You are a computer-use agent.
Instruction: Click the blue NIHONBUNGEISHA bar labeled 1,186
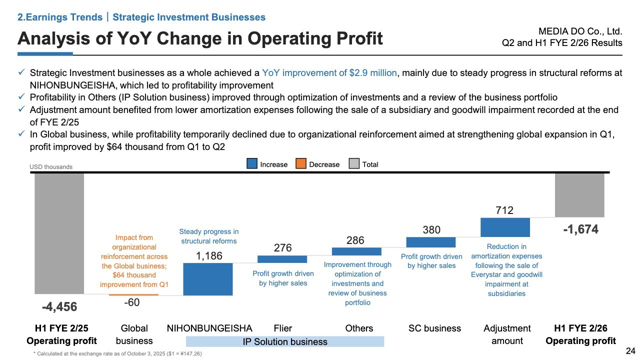coord(208,279)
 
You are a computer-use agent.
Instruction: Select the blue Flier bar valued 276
coord(282,259)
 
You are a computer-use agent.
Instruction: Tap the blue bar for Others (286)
coord(356,251)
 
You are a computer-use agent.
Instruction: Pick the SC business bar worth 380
coord(431,242)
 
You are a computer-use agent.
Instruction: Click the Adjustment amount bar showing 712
coord(505,227)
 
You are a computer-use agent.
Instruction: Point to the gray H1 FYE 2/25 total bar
coord(59,233)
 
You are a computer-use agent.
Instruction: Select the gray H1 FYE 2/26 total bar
coord(579,195)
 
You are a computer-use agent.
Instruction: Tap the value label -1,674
coord(580,230)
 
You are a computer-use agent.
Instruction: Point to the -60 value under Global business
coord(132,302)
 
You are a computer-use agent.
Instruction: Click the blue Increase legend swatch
coord(252,164)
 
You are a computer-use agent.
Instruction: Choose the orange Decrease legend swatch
coord(301,164)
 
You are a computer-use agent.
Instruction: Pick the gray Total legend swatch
coord(354,164)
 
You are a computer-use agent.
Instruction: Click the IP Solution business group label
coord(285,341)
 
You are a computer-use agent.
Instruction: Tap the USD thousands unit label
coord(51,167)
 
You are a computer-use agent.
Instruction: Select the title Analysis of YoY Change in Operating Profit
coord(200,38)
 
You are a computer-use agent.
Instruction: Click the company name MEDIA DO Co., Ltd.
coord(587,31)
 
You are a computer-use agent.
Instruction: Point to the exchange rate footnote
coord(118,354)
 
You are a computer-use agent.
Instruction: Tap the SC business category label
coord(434,328)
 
